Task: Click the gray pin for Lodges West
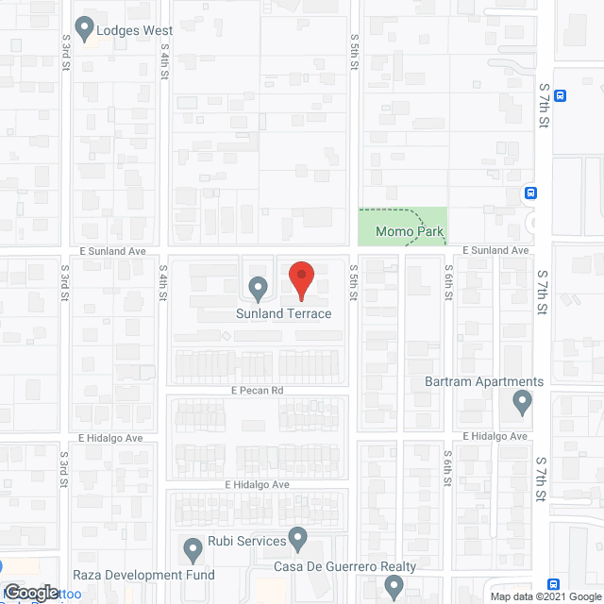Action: point(84,27)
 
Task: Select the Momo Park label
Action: point(410,231)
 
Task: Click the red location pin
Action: point(301,278)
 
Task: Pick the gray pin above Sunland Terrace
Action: point(257,287)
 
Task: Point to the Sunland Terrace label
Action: point(284,313)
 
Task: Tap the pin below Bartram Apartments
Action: point(522,404)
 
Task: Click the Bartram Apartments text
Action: point(483,381)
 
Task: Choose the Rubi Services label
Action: point(247,541)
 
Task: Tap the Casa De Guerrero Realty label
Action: point(344,566)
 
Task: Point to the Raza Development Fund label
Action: point(143,575)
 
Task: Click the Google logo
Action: point(31,592)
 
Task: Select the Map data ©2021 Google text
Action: point(545,596)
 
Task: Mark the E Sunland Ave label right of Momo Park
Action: point(496,250)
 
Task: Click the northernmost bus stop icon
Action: point(560,95)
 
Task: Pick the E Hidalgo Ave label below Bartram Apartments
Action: point(496,437)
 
